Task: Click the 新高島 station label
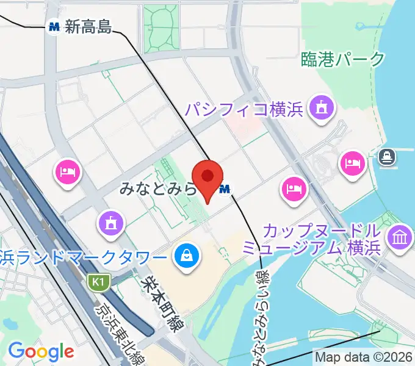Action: click(89, 26)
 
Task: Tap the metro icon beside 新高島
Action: click(54, 27)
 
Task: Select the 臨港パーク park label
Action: click(344, 59)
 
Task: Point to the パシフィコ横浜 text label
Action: click(244, 110)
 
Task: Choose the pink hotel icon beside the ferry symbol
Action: click(353, 162)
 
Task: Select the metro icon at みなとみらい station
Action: click(225, 190)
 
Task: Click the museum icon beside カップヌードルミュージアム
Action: click(400, 237)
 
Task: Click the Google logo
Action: click(41, 351)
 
